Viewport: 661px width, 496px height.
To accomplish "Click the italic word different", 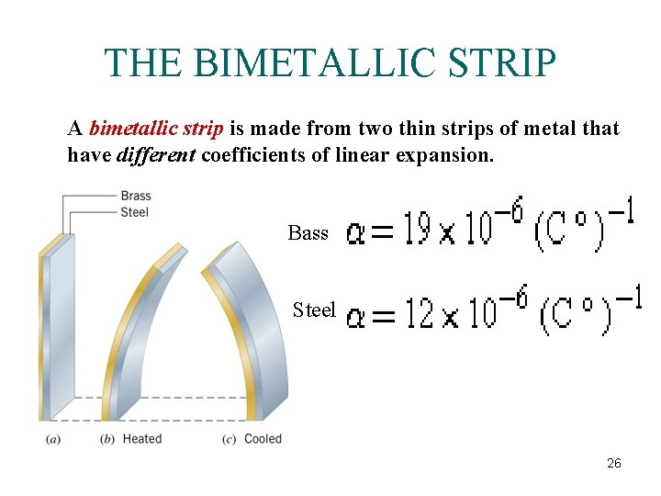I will point(156,155).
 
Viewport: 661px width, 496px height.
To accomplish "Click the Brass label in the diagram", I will point(136,196).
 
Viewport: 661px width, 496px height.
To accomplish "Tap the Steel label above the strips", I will point(134,212).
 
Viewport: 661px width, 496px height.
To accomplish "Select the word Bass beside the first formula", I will point(308,233).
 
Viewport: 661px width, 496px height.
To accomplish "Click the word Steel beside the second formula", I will point(314,310).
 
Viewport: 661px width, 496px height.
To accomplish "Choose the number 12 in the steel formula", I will point(420,313).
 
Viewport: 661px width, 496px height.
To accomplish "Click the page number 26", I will point(614,464).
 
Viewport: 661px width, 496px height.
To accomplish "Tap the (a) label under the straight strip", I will point(53,439).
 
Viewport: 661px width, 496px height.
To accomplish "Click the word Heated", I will point(142,439).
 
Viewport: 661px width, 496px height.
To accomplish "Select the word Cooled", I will point(263,439).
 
